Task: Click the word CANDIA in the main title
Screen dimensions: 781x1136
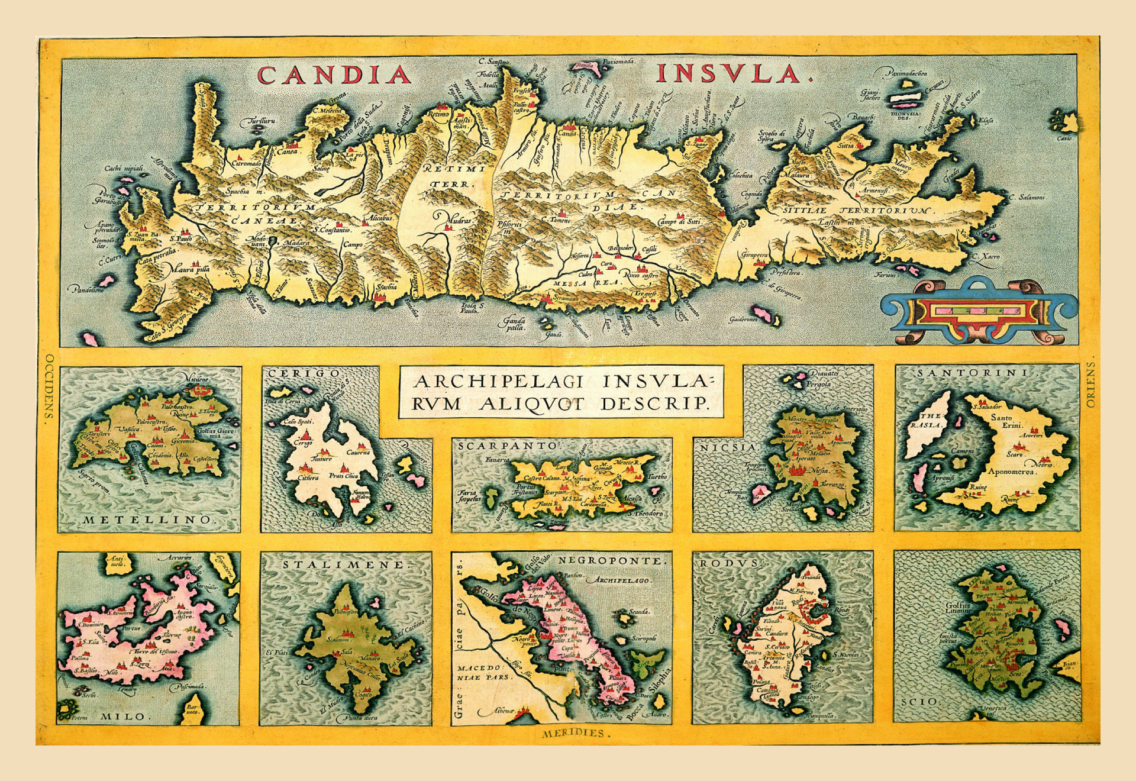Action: [x=334, y=75]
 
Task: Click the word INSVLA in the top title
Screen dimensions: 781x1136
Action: [x=735, y=74]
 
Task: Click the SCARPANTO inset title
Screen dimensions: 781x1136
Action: [x=508, y=446]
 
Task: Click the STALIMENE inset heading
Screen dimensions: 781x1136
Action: [x=346, y=565]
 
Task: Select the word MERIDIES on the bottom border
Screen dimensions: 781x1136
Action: [x=574, y=733]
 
